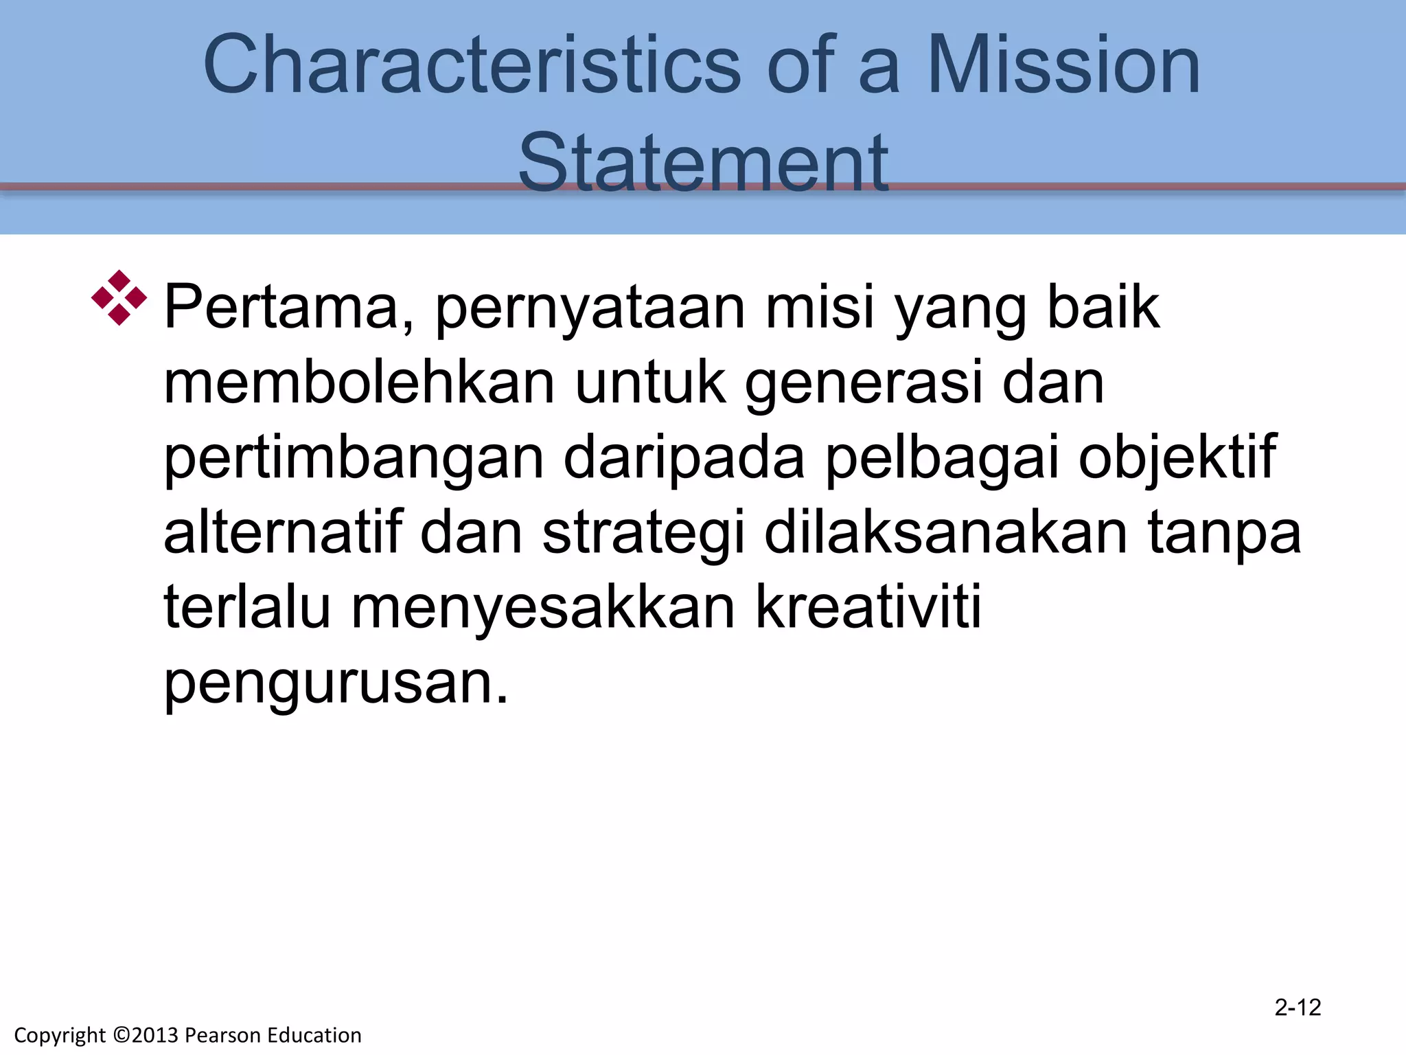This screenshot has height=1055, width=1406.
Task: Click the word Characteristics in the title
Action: tap(472, 65)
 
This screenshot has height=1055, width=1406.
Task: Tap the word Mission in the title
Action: tap(1063, 65)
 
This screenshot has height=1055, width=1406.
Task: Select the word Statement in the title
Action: tap(703, 163)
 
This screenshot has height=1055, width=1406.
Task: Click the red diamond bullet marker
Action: tap(119, 297)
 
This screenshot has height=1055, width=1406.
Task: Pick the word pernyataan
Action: tap(590, 309)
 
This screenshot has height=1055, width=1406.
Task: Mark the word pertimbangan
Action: tap(354, 459)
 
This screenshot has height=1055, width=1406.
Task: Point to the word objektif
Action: tap(1177, 459)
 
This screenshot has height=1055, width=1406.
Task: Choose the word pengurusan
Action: tap(336, 684)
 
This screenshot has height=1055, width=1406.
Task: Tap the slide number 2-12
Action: tap(1298, 1008)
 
